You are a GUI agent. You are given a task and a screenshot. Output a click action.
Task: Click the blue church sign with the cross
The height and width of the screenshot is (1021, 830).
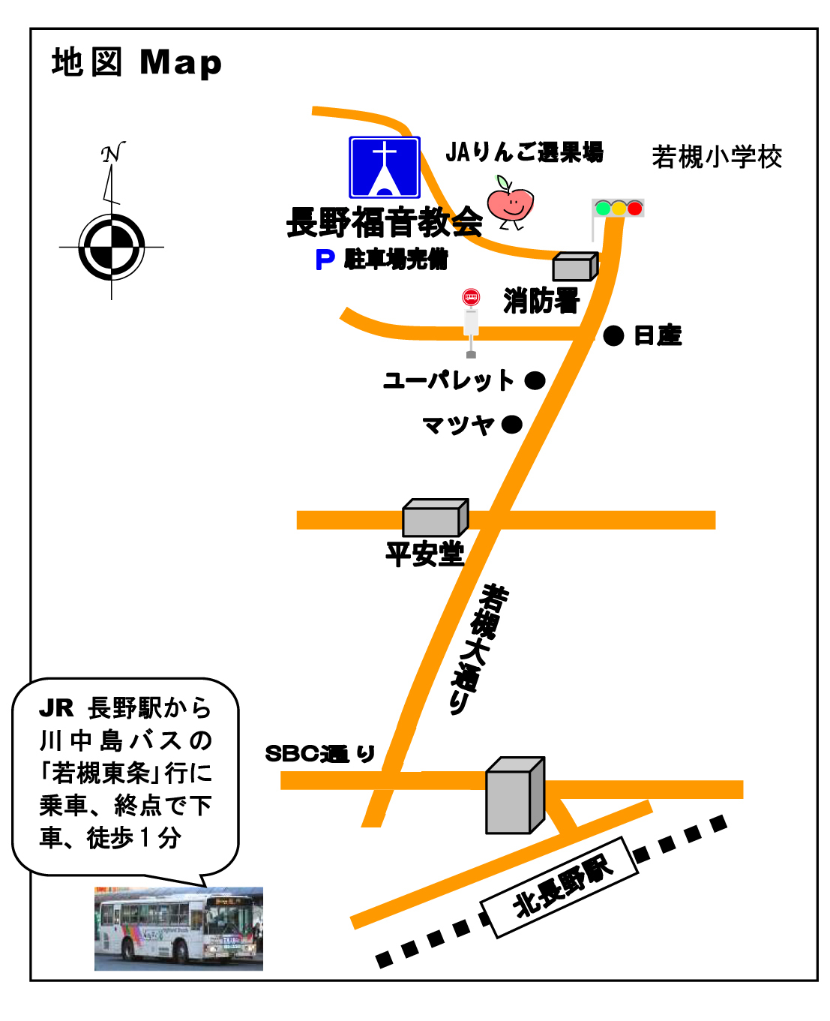click(384, 167)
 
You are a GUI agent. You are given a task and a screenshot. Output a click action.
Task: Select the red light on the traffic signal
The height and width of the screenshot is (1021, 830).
click(634, 208)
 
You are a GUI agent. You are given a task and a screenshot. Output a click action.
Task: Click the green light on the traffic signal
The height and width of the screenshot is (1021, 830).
click(602, 208)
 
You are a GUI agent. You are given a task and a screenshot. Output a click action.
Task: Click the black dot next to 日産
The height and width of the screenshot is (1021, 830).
click(613, 335)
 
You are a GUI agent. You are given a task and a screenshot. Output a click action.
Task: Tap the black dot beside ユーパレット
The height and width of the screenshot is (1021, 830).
click(535, 380)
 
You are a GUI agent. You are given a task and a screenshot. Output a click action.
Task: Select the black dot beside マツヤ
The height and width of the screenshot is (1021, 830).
click(511, 425)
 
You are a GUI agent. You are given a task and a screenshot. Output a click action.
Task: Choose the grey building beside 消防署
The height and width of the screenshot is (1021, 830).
click(575, 266)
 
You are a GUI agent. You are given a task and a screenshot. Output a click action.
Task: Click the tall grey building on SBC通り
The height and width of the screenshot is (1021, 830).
click(514, 795)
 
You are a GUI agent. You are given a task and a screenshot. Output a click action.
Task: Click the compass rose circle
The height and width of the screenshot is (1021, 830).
click(112, 247)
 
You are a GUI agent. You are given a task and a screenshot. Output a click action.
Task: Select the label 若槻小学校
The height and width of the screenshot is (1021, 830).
click(717, 157)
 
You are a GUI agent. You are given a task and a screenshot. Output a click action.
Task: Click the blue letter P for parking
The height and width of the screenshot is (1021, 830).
click(325, 260)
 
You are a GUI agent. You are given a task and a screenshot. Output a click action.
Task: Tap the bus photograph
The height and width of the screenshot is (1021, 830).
click(178, 929)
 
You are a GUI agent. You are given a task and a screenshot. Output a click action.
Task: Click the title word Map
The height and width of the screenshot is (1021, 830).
click(181, 63)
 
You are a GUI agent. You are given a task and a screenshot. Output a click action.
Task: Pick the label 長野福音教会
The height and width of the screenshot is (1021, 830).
click(385, 222)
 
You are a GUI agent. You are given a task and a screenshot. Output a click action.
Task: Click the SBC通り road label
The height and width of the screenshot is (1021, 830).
click(320, 753)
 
